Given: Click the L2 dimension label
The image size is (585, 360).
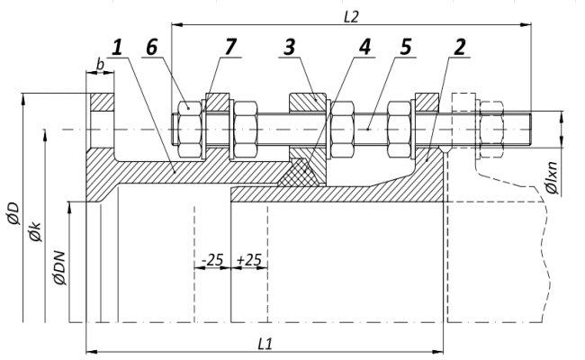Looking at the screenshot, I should click(351, 15).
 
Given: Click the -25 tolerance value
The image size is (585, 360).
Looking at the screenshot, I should click(212, 259).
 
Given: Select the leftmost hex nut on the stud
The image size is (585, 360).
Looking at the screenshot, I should click(189, 129).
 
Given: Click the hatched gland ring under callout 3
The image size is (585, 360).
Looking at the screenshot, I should click(306, 103).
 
